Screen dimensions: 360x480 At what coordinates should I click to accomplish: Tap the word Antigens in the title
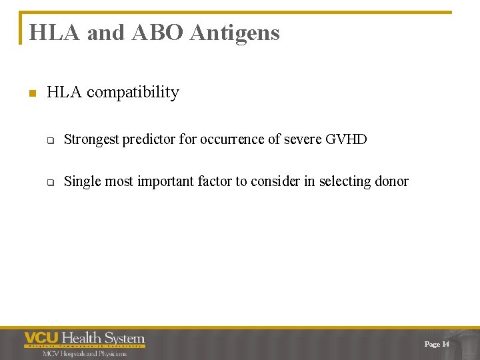pos(235,33)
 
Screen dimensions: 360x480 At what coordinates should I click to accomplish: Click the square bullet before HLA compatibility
pos(31,93)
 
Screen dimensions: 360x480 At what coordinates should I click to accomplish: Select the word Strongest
pos(91,140)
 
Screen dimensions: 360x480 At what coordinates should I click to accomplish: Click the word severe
pos(302,140)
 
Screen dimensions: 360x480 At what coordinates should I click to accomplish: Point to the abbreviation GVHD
pos(346,140)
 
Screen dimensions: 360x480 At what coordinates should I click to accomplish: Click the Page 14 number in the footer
pos(437,344)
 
